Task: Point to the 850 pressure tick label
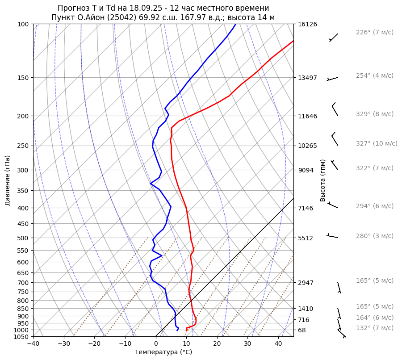tap(24, 309)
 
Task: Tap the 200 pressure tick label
tap(24, 116)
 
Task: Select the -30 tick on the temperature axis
tap(64, 344)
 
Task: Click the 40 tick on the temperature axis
tap(278, 344)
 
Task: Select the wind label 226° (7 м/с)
tap(374, 32)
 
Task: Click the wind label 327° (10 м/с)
tap(376, 143)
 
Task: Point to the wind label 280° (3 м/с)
tap(374, 236)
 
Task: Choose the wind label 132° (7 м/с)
tap(374, 328)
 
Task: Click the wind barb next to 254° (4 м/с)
tap(333, 79)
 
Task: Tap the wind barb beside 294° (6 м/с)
tap(333, 205)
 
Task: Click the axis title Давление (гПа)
tap(8, 180)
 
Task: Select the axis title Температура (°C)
tap(163, 352)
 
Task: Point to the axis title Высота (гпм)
tap(323, 180)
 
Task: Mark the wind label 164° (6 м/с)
tap(374, 318)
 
